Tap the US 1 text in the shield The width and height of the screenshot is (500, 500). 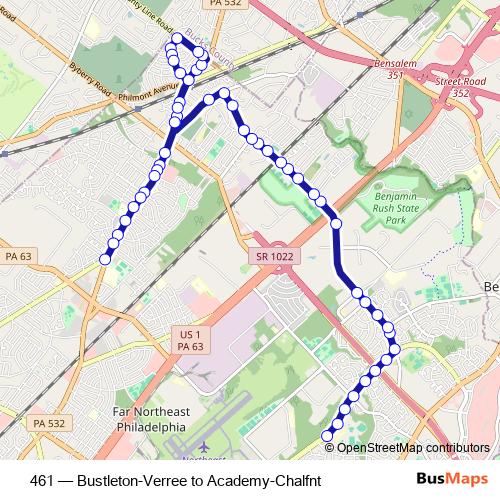click(x=191, y=333)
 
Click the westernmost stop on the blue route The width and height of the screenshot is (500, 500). click(x=105, y=260)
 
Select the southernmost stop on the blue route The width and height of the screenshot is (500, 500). click(x=326, y=435)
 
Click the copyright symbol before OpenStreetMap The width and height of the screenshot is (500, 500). click(x=331, y=447)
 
